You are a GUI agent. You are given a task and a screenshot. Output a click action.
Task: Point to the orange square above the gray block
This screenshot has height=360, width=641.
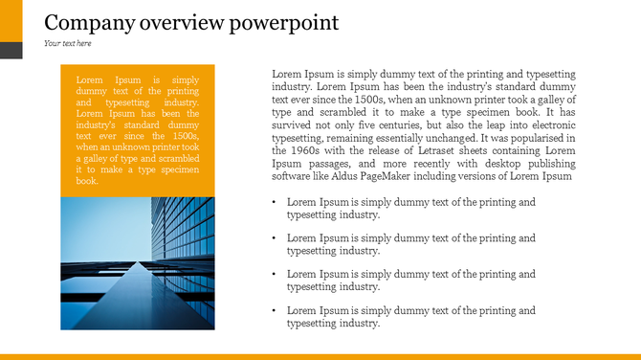click(11, 21)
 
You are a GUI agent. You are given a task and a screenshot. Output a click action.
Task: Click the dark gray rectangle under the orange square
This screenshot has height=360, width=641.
click(11, 50)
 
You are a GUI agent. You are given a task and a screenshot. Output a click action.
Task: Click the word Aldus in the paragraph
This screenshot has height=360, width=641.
click(383, 176)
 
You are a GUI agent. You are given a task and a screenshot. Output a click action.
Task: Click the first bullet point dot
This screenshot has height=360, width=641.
click(275, 203)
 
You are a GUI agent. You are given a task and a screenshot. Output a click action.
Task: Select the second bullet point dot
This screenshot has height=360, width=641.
click(275, 238)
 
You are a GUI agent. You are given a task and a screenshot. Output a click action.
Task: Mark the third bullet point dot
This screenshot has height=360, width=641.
click(275, 275)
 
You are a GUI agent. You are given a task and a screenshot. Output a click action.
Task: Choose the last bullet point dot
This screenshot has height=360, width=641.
click(275, 311)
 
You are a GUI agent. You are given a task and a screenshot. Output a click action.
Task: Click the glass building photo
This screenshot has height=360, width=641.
click(137, 263)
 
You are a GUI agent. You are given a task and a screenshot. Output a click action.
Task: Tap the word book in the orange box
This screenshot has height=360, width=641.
click(87, 181)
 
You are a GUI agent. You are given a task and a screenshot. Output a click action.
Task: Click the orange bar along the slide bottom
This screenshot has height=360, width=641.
click(320, 356)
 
